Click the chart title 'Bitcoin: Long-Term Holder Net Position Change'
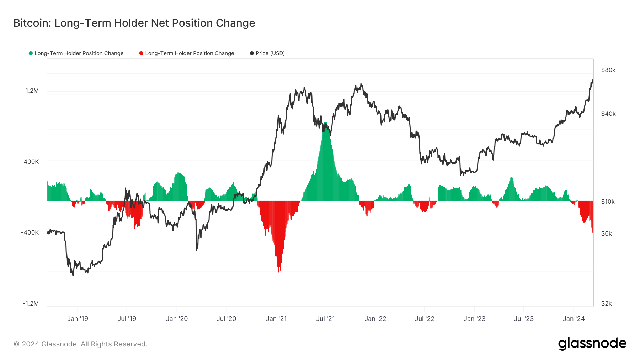pos(134,23)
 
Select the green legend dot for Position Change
pos(31,53)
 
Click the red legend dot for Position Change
pos(141,53)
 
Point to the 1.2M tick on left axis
pos(32,91)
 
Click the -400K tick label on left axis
pos(30,233)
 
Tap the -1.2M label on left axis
pos(31,303)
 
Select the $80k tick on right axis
pos(608,70)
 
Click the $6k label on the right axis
pos(606,233)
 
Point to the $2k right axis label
pos(606,303)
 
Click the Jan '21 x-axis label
pos(276,319)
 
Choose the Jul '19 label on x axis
pos(127,319)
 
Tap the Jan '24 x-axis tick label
pos(574,319)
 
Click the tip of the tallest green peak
pos(325,122)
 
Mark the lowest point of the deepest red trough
pos(279,274)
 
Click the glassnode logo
pos(592,344)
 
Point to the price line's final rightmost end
pos(593,80)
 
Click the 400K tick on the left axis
pos(31,162)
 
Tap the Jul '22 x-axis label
pos(425,319)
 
